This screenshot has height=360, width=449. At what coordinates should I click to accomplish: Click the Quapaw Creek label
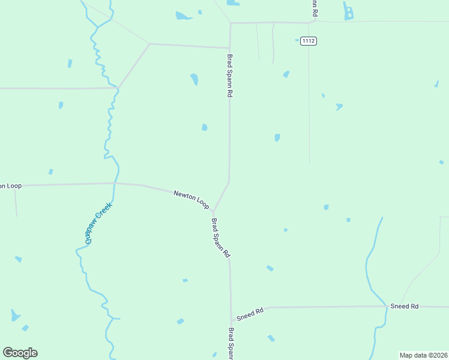click(x=95, y=223)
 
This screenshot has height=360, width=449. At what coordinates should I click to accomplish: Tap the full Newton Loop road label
click(x=191, y=200)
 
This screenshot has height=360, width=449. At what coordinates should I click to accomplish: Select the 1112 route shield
click(x=309, y=41)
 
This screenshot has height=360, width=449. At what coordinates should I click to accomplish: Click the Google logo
click(x=20, y=353)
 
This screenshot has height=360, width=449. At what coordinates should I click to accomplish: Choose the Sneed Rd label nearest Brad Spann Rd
click(x=250, y=314)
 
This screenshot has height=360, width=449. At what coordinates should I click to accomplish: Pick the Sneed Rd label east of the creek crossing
click(x=404, y=306)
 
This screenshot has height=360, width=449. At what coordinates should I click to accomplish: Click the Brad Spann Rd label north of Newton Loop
click(x=229, y=76)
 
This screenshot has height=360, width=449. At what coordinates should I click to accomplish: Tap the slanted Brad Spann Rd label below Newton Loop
click(x=221, y=238)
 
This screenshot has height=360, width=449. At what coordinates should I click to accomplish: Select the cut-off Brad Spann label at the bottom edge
click(x=230, y=343)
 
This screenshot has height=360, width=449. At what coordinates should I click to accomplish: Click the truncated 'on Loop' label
click(x=11, y=186)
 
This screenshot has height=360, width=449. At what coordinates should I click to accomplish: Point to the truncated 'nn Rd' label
click(x=313, y=8)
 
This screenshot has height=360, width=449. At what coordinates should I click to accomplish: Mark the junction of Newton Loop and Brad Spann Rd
click(x=214, y=211)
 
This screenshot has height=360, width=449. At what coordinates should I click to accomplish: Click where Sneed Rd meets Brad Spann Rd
click(x=231, y=320)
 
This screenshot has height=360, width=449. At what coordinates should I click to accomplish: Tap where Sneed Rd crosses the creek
click(x=386, y=307)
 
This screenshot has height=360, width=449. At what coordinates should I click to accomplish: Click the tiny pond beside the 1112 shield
click(x=297, y=41)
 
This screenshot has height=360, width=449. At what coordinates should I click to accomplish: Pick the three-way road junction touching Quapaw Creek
click(x=118, y=88)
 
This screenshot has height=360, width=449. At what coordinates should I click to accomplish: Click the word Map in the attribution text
click(x=406, y=355)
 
